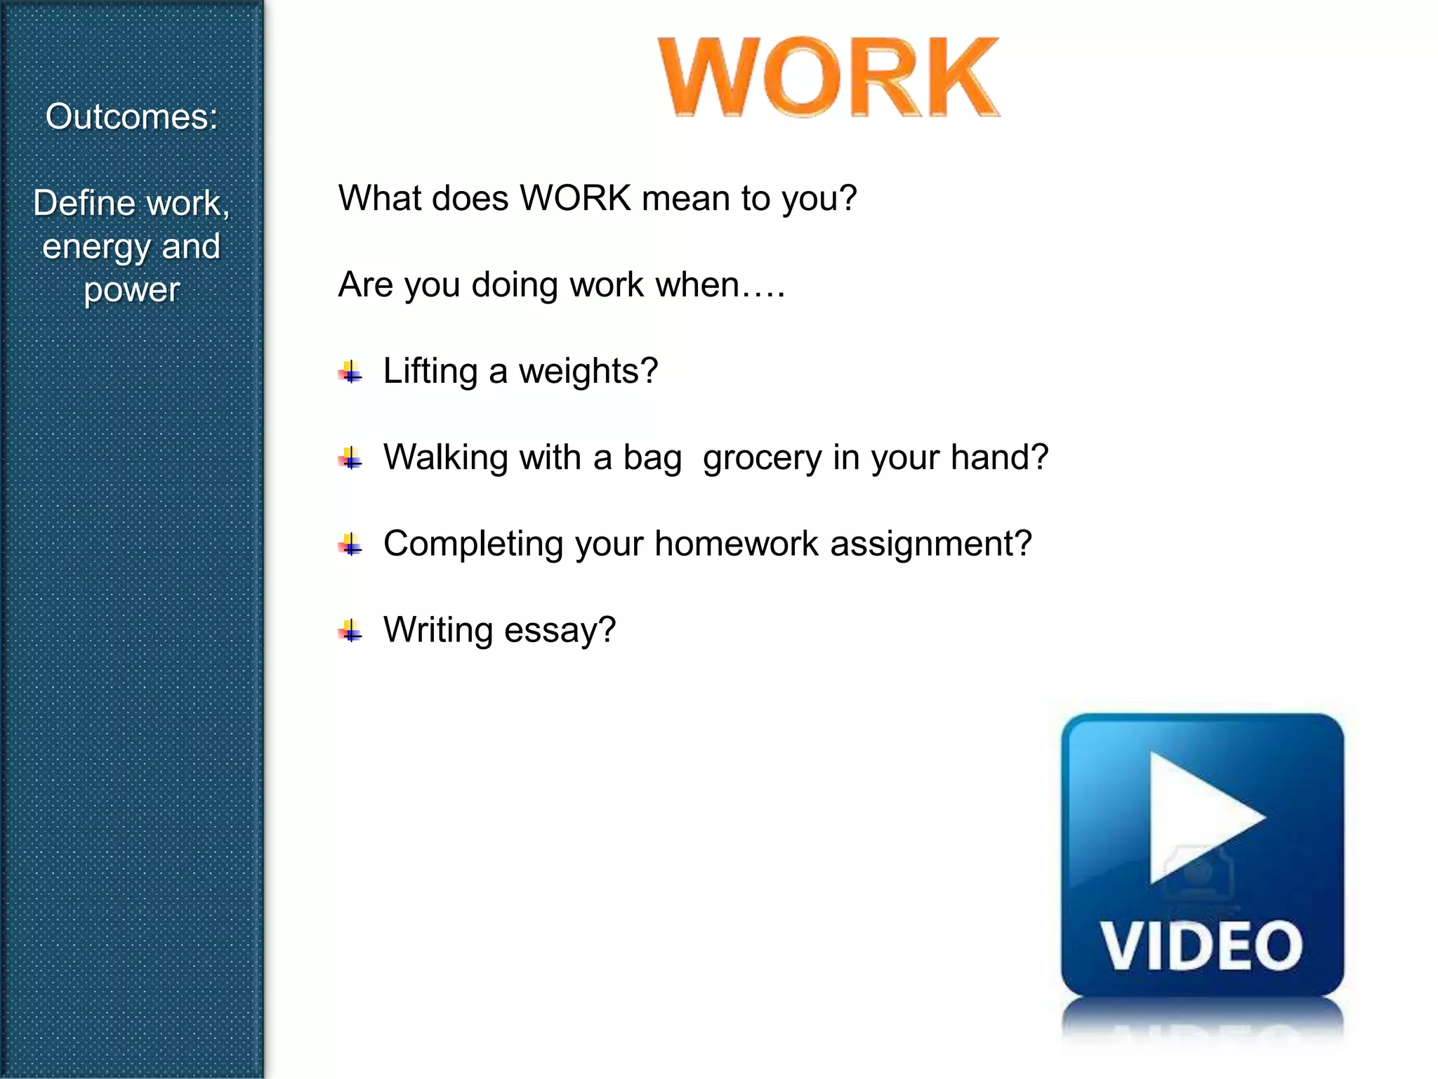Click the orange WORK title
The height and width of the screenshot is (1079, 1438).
pyautogui.click(x=829, y=77)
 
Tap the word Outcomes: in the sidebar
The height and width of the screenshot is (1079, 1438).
pyautogui.click(x=132, y=117)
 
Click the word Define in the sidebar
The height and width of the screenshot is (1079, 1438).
pyautogui.click(x=84, y=204)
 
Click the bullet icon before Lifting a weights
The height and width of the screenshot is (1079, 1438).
pyautogui.click(x=350, y=372)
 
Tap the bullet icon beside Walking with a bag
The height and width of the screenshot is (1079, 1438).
pyautogui.click(x=350, y=459)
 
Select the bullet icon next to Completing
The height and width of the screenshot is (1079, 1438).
pyautogui.click(x=350, y=545)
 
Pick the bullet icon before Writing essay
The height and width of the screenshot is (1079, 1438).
pyautogui.click(x=350, y=632)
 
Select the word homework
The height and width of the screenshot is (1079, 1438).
pyautogui.click(x=737, y=544)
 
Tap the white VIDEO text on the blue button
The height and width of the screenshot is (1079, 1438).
pyautogui.click(x=1201, y=946)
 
